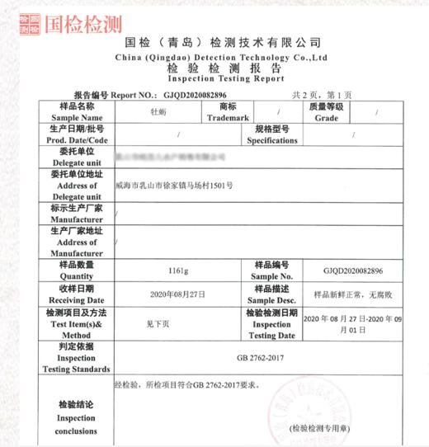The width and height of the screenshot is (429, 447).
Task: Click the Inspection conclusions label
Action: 77,418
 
